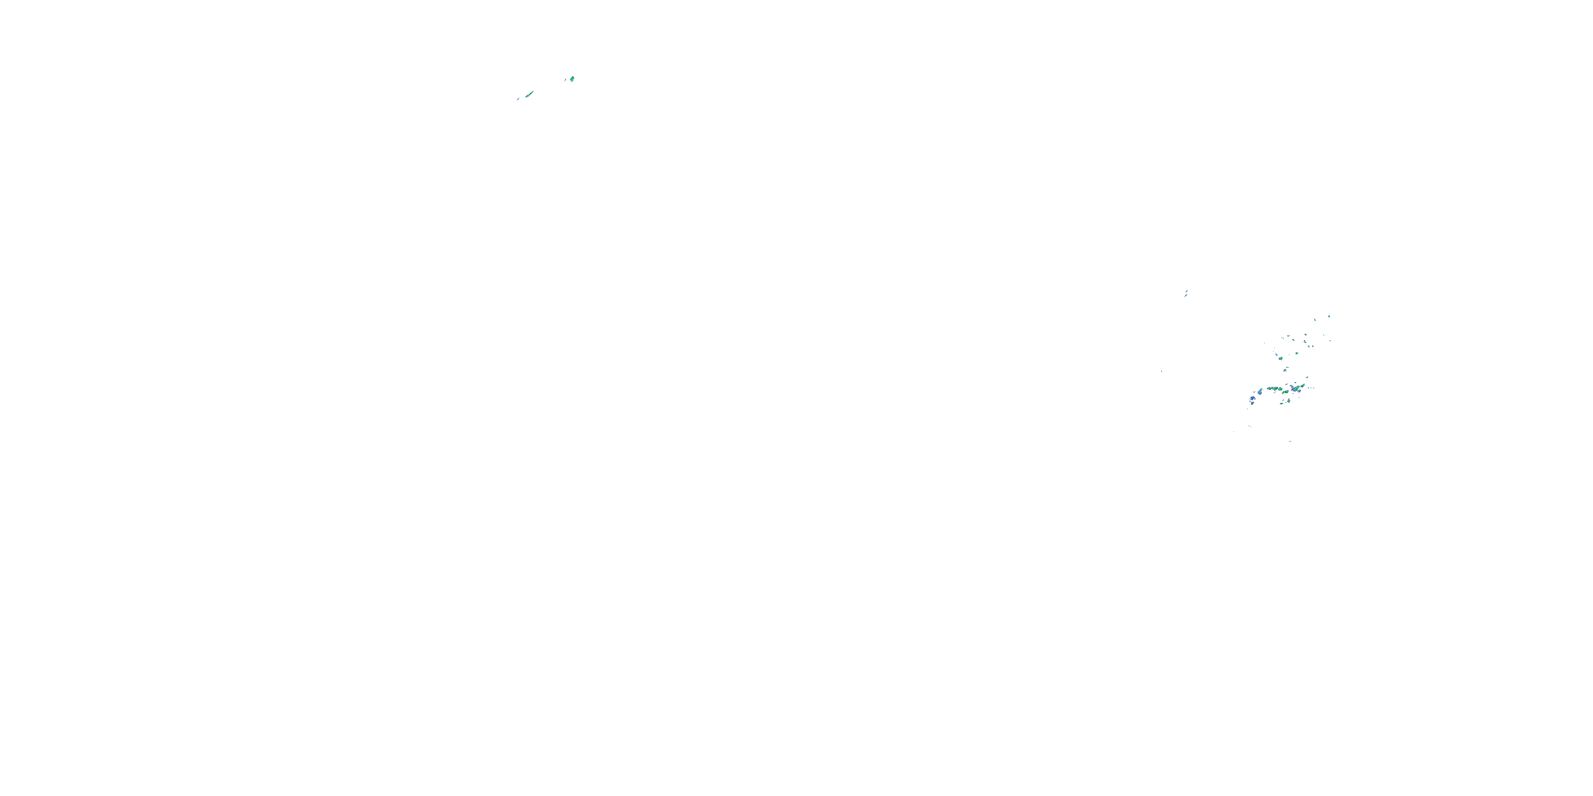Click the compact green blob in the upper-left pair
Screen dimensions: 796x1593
pos(572,79)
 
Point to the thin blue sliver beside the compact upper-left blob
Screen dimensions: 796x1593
pos(566,80)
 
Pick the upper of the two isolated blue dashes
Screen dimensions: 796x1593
pos(1186,292)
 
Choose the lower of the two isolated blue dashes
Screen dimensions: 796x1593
pos(1161,371)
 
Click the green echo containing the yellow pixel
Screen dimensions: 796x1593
pos(1281,390)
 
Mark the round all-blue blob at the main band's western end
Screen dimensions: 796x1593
pos(1253,399)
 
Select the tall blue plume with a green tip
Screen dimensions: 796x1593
pos(1260,392)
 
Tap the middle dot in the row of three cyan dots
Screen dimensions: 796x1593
pos(1311,388)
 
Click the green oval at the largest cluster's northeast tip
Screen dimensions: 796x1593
pos(1303,386)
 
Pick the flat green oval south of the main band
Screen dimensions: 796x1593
pos(1281,403)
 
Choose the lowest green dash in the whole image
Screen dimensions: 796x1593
pos(1291,442)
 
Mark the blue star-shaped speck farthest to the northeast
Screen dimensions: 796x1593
pos(1330,316)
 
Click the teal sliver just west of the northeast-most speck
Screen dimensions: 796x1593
pos(1315,319)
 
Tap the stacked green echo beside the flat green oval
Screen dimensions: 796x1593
pos(1289,401)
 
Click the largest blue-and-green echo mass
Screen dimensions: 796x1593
pos(1296,390)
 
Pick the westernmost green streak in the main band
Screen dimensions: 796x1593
pos(1270,389)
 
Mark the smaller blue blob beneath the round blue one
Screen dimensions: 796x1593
pos(1252,403)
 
